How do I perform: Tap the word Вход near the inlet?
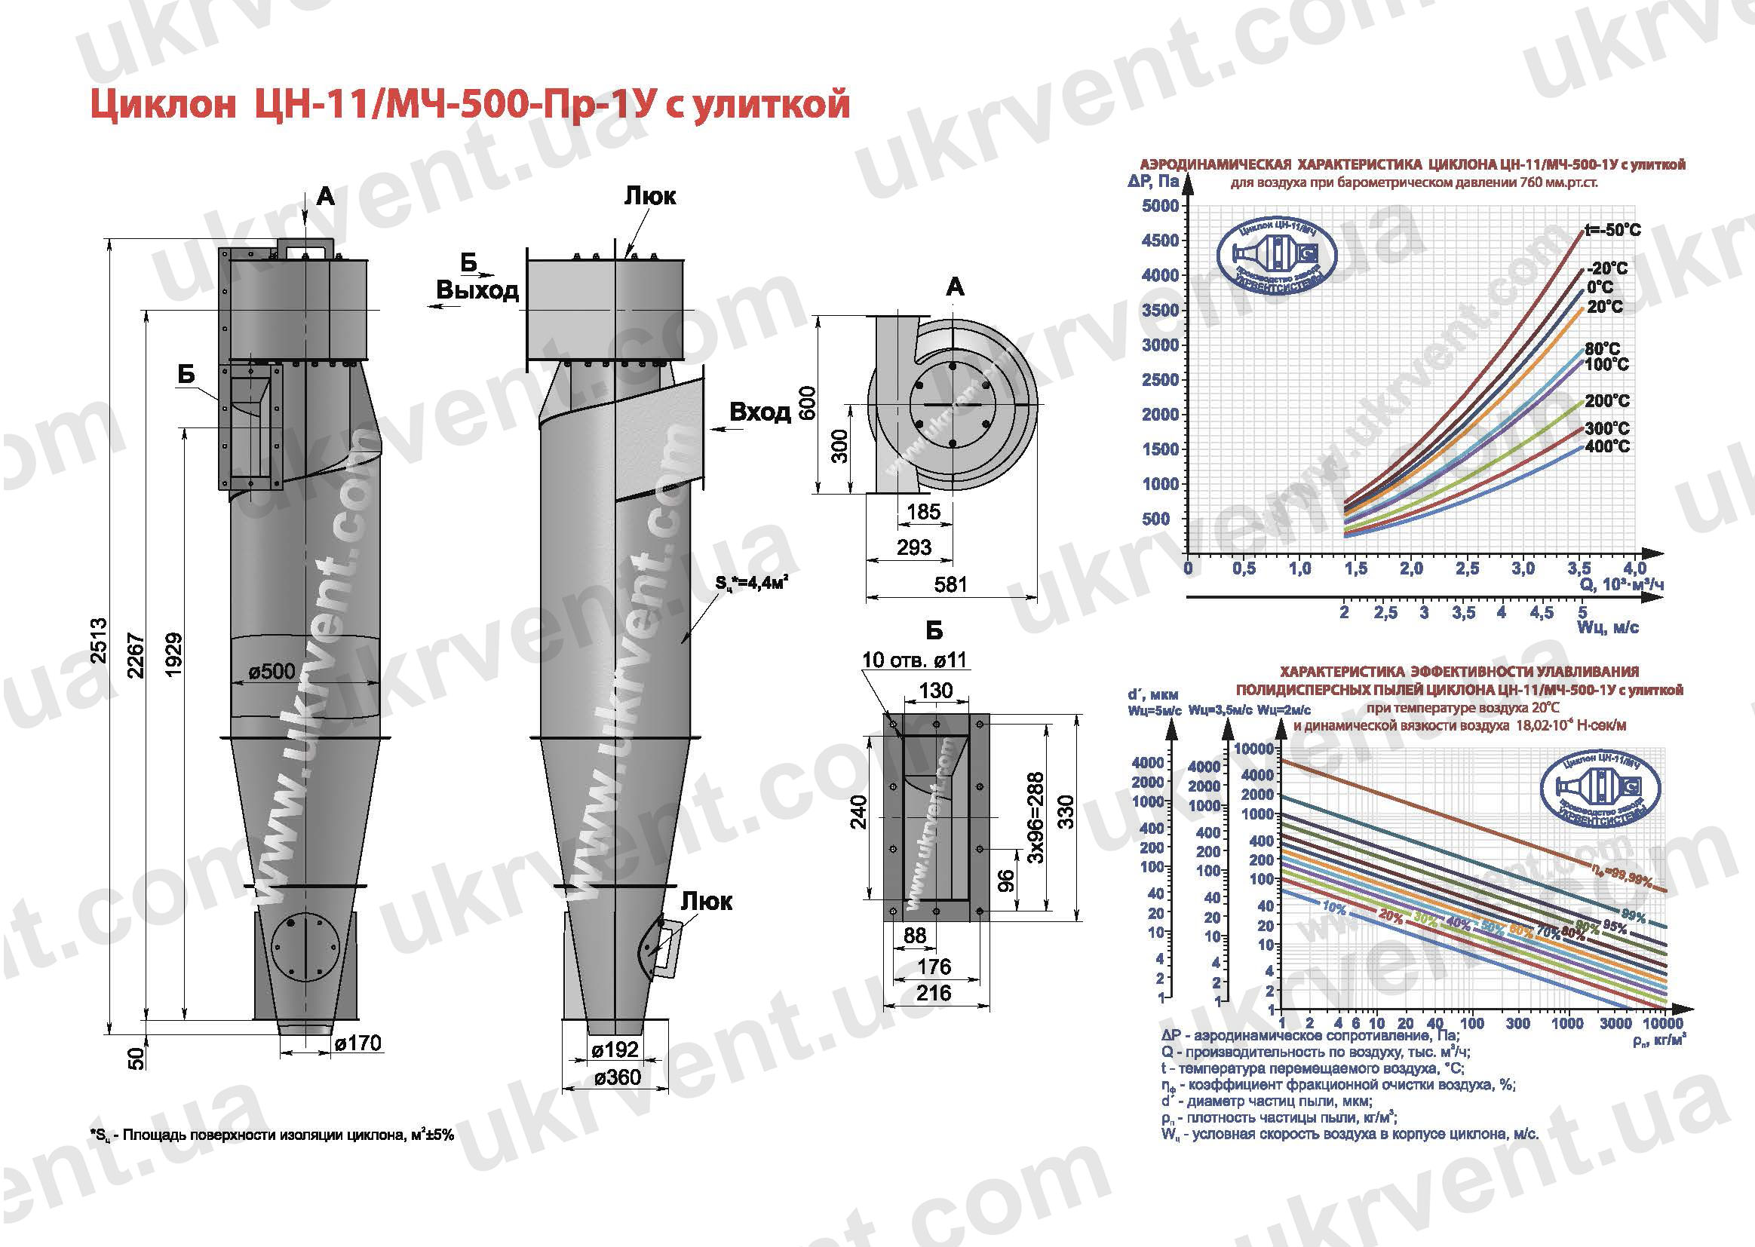tap(759, 412)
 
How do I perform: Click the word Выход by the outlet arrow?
tap(477, 290)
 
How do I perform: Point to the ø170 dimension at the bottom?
tap(358, 1043)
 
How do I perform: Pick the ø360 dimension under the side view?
tap(618, 1078)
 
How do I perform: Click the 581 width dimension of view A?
tap(951, 584)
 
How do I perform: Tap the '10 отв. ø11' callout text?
tap(914, 660)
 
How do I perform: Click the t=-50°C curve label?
tap(1613, 230)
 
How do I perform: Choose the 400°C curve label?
tap(1606, 446)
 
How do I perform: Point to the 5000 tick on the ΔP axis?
tap(1160, 206)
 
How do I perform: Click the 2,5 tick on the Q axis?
tap(1466, 569)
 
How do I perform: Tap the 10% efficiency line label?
tap(1334, 908)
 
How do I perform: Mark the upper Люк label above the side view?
tap(650, 196)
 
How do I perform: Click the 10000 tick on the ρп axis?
tap(1663, 1024)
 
